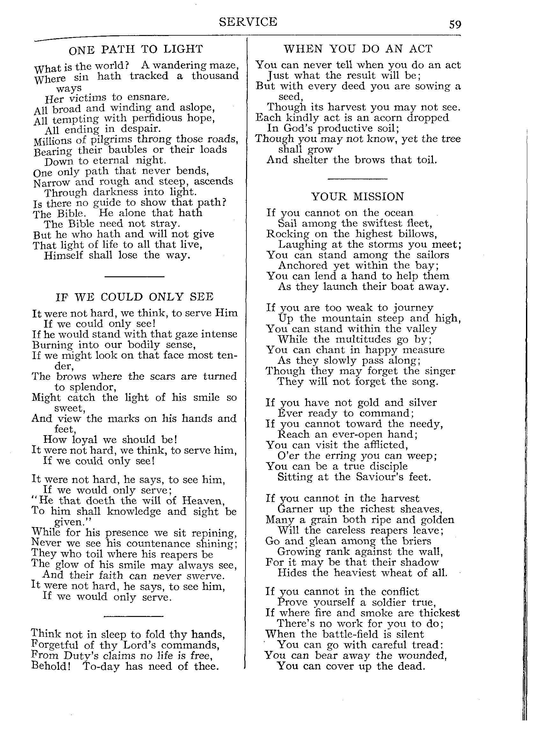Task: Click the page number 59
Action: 455,25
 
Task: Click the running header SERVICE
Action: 248,22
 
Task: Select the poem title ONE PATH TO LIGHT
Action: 136,49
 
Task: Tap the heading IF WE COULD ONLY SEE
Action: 135,297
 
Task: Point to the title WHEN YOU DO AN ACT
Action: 358,49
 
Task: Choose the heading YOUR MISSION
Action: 357,196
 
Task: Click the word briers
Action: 417,541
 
